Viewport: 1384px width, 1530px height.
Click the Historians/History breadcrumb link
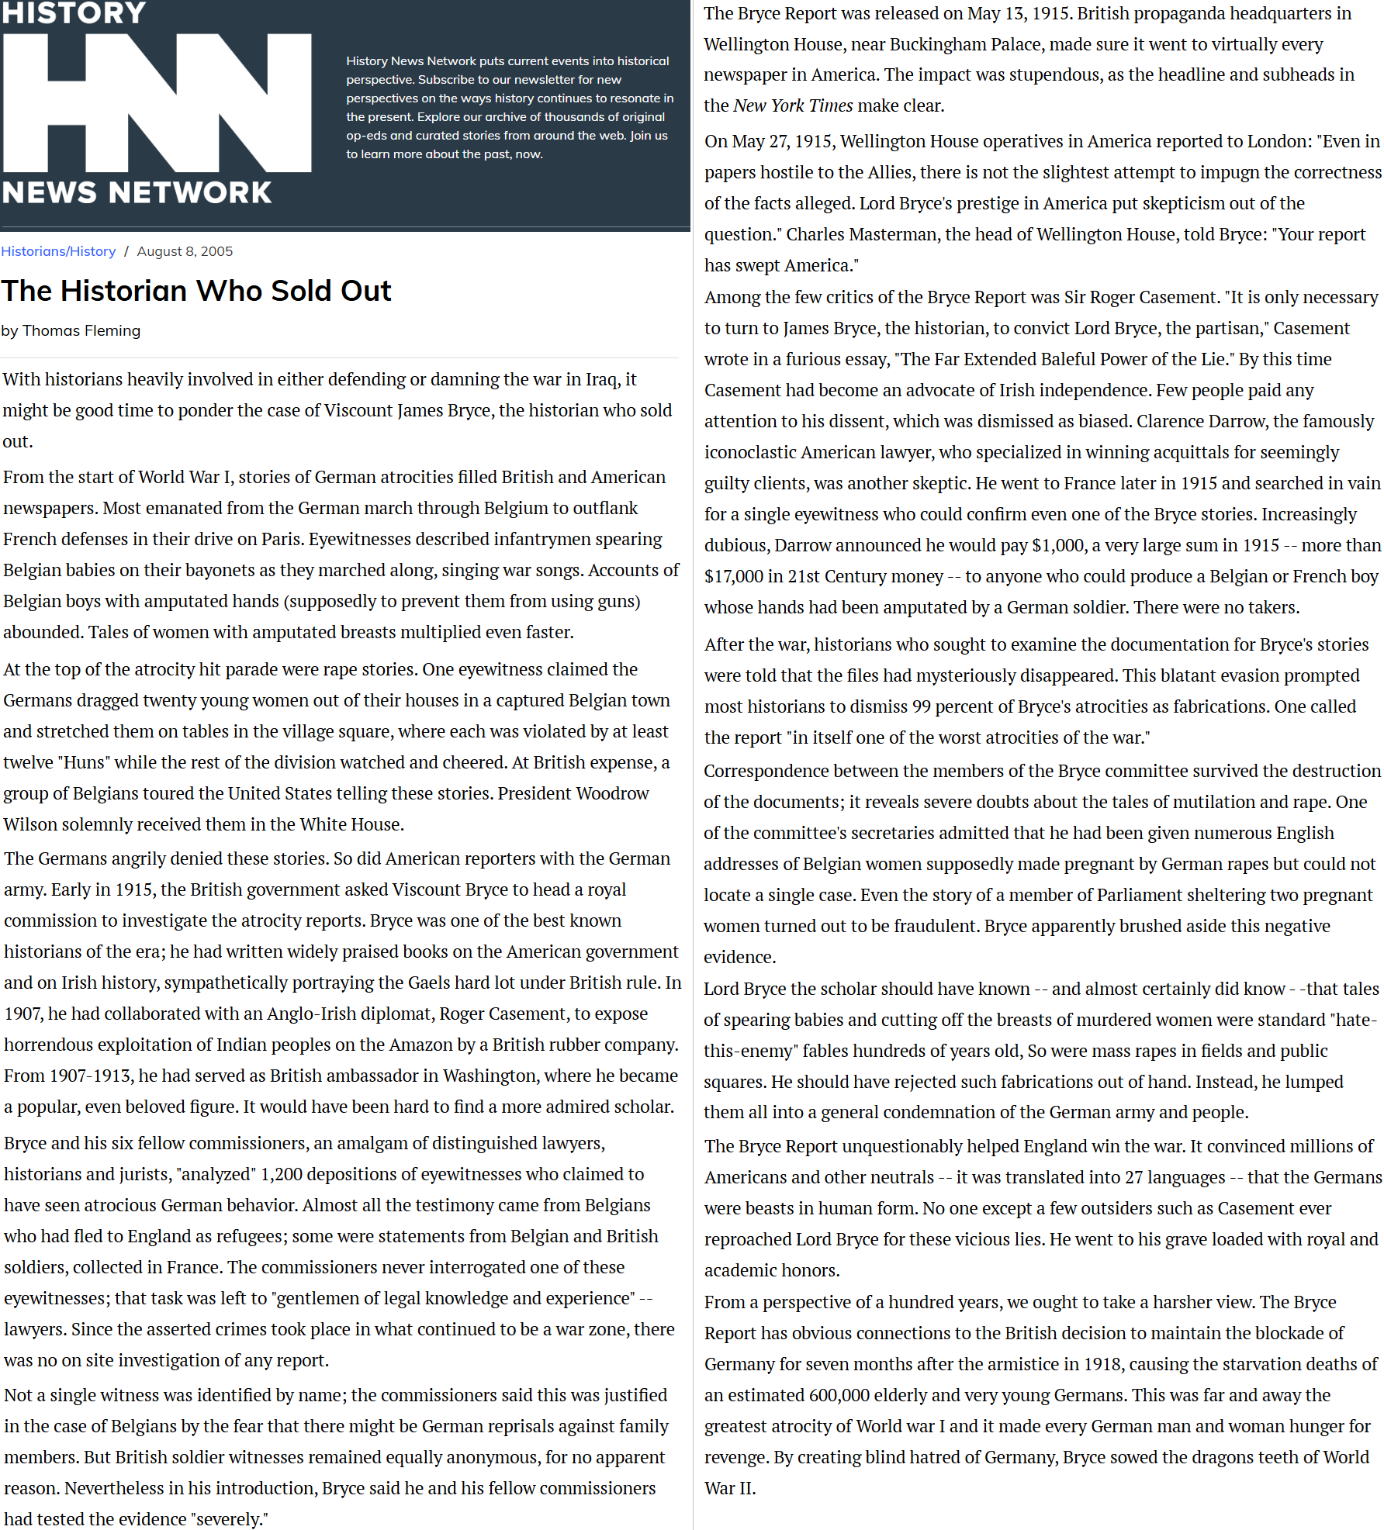(58, 251)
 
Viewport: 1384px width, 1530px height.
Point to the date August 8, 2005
(185, 251)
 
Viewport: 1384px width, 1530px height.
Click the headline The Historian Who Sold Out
(196, 291)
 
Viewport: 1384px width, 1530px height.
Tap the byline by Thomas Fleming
(71, 330)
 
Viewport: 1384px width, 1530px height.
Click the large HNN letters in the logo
(157, 103)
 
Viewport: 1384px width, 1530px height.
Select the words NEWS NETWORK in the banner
(137, 192)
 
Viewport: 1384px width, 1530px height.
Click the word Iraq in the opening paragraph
(603, 379)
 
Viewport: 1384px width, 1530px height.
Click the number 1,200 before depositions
(282, 1174)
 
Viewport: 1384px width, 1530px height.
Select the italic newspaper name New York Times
(793, 105)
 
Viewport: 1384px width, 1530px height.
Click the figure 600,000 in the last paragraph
(839, 1395)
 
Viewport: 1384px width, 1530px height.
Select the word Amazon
(421, 1045)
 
